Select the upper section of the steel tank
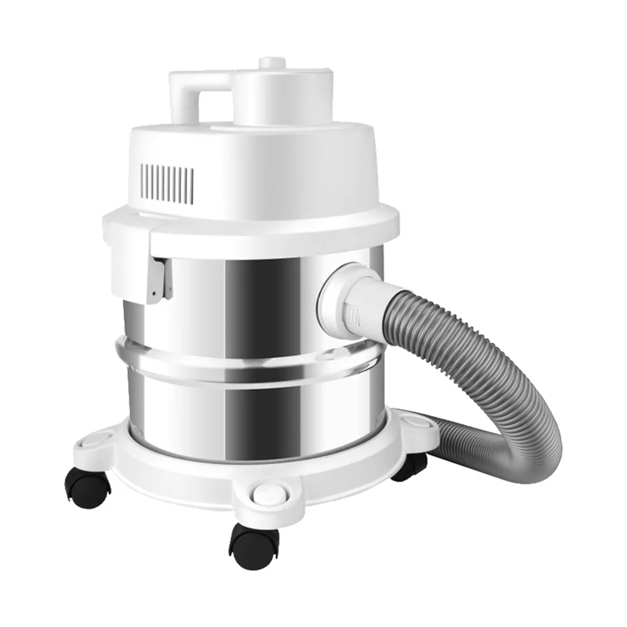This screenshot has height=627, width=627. tap(251, 295)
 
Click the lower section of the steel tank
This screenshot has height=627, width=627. tap(251, 408)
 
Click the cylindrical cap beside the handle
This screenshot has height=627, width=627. tap(270, 94)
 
